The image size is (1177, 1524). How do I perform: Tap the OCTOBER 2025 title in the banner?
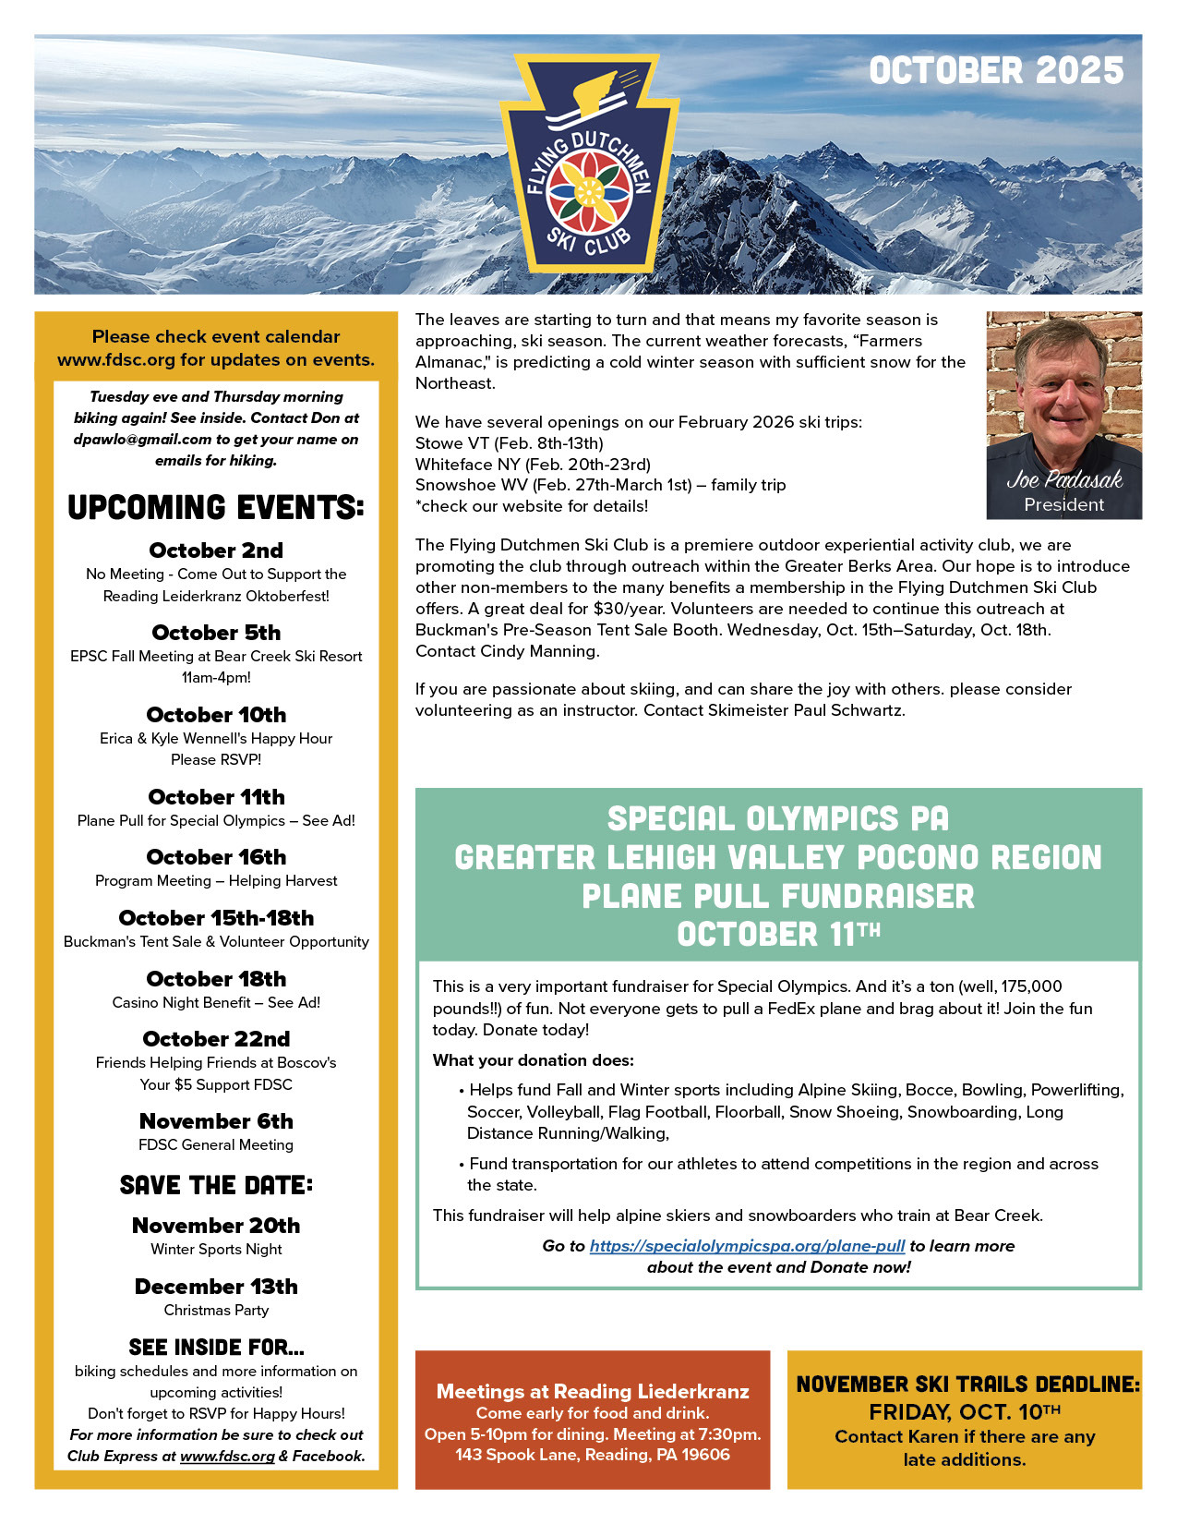click(x=996, y=71)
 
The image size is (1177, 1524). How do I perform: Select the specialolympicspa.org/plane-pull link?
click(x=747, y=1246)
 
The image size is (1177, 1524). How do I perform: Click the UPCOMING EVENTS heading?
click(x=216, y=507)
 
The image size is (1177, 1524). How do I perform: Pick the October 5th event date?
click(x=216, y=633)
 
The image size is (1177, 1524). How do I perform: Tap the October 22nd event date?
click(x=216, y=1039)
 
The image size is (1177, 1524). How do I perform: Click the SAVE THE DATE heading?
click(x=216, y=1185)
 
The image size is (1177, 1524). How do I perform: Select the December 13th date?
click(x=216, y=1287)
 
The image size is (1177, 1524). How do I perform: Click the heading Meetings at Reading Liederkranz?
click(x=593, y=1391)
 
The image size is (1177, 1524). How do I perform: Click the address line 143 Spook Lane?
click(x=593, y=1455)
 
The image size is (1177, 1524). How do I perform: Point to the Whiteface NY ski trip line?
click(x=533, y=465)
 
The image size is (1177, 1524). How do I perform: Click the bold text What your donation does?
click(x=534, y=1060)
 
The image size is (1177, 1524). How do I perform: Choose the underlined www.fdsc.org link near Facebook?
click(x=227, y=1457)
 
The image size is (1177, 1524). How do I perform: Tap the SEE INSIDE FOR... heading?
click(x=216, y=1347)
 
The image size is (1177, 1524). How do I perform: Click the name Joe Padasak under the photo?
click(x=1063, y=480)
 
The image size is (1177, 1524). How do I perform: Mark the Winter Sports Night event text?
click(x=216, y=1250)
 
